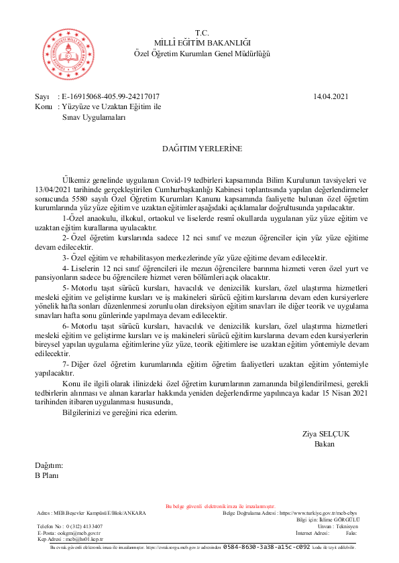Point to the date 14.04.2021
331,97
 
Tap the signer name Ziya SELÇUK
326,434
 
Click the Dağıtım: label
49,465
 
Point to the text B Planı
47,475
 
